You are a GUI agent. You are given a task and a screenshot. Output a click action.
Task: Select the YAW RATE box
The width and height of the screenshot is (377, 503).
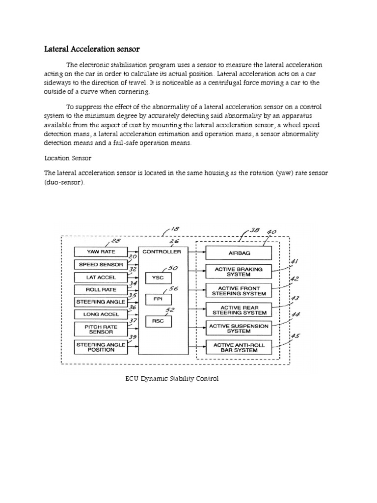[100, 251]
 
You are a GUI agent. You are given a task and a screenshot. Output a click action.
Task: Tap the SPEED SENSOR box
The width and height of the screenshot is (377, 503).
[100, 264]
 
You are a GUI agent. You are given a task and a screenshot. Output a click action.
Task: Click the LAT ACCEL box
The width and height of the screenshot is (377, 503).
[100, 277]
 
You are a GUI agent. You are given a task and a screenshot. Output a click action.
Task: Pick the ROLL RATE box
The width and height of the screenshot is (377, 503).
[100, 290]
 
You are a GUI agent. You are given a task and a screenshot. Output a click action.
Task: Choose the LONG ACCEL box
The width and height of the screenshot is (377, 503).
[100, 314]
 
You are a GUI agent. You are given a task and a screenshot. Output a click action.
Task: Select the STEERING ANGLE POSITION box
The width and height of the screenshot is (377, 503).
[100, 347]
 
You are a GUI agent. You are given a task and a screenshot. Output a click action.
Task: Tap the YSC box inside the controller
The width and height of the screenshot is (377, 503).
[158, 277]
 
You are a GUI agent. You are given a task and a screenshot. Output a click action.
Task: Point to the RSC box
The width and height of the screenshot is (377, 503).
[158, 321]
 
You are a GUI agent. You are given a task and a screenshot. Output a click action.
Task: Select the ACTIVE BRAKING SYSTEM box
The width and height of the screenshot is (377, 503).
[238, 272]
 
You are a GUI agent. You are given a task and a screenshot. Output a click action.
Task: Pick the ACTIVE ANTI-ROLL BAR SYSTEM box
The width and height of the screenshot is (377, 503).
[238, 348]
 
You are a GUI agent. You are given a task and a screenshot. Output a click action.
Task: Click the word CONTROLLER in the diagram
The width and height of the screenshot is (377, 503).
[161, 251]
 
